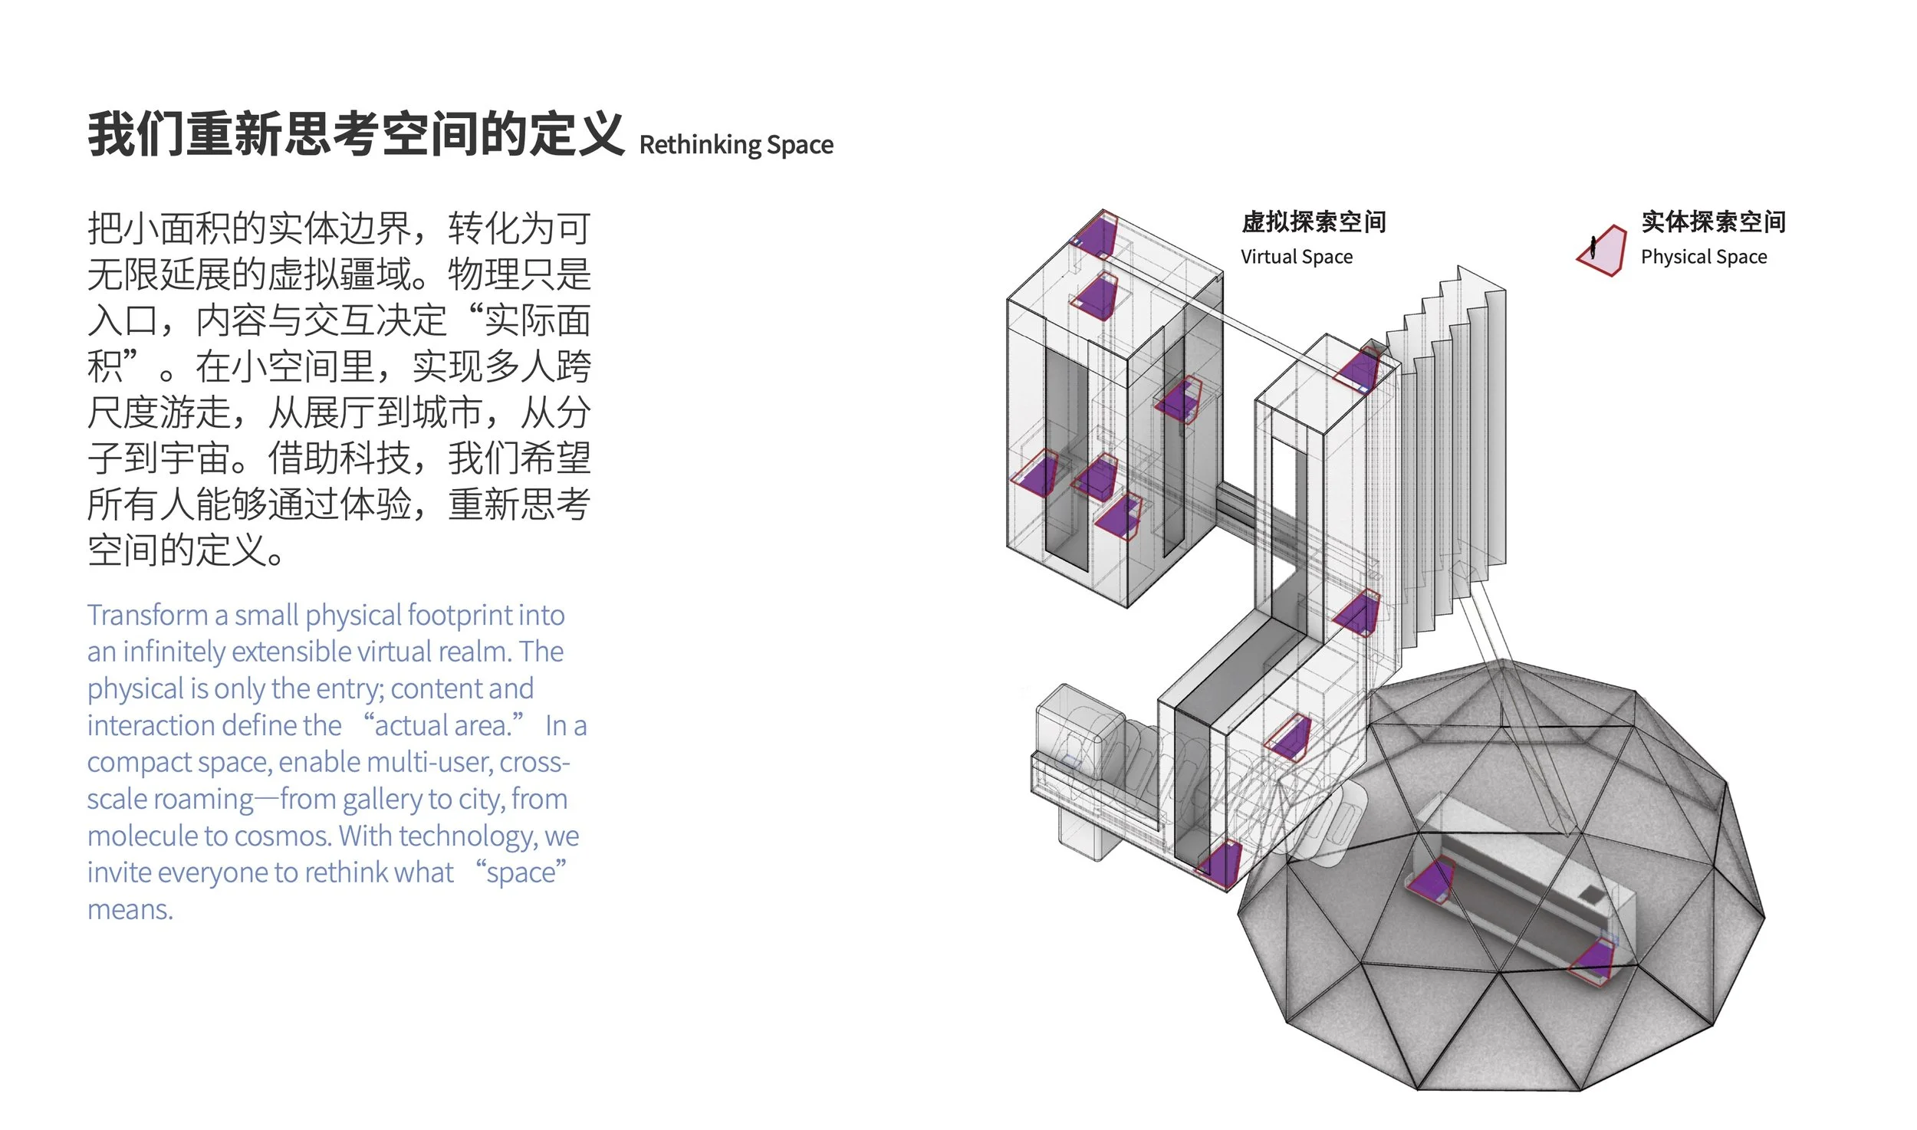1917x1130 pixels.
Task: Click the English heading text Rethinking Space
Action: point(736,145)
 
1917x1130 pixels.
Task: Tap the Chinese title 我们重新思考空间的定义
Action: point(356,134)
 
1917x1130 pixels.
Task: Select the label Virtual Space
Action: point(1297,257)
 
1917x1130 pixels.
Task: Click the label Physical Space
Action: point(1704,257)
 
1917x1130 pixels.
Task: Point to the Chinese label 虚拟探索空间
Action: point(1314,222)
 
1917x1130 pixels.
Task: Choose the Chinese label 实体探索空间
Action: point(1714,222)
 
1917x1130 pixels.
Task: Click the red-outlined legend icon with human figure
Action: point(1601,251)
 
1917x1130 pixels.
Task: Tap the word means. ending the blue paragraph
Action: point(130,910)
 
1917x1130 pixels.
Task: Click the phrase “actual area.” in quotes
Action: point(443,725)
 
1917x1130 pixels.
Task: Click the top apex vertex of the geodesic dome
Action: point(1504,661)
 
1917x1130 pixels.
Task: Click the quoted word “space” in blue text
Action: point(521,872)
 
